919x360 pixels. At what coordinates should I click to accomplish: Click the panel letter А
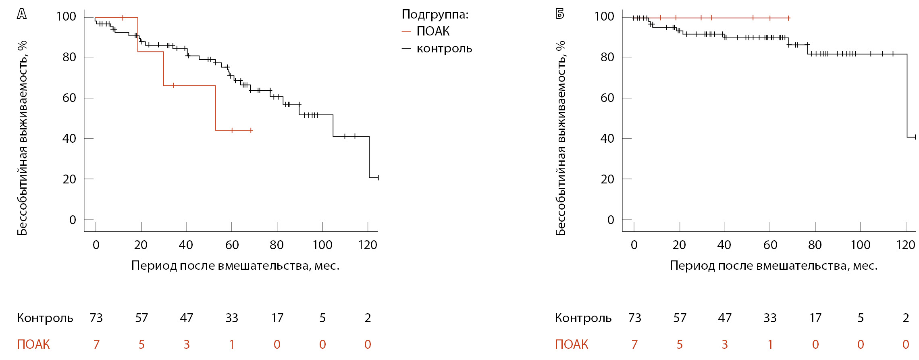pos(22,14)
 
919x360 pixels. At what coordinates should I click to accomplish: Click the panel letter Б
pos(559,14)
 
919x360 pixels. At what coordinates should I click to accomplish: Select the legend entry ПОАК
pos(432,31)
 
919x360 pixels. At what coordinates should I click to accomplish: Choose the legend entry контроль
pos(444,49)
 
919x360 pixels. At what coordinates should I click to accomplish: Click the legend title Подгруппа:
pos(435,15)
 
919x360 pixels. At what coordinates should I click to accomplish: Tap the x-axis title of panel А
pos(235,266)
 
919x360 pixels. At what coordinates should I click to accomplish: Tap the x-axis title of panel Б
pos(773,266)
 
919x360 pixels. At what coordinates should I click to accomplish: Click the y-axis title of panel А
pos(22,137)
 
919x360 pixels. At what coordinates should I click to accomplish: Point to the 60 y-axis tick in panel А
pos(69,98)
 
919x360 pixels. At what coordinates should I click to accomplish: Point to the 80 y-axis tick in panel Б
pos(607,57)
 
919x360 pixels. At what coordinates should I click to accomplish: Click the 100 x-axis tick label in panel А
pos(322,245)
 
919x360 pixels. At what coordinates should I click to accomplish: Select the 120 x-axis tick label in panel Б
pos(905,245)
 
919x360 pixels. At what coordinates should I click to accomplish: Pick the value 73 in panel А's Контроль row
pos(96,318)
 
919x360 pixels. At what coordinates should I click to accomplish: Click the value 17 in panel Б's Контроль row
pos(815,318)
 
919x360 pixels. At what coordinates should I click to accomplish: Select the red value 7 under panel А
pos(96,344)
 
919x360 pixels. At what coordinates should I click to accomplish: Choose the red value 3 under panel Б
pos(725,344)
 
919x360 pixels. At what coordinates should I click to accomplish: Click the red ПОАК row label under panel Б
pos(571,344)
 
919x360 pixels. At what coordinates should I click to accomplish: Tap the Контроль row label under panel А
pos(45,318)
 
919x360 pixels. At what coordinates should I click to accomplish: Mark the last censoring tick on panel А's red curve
pos(251,130)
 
